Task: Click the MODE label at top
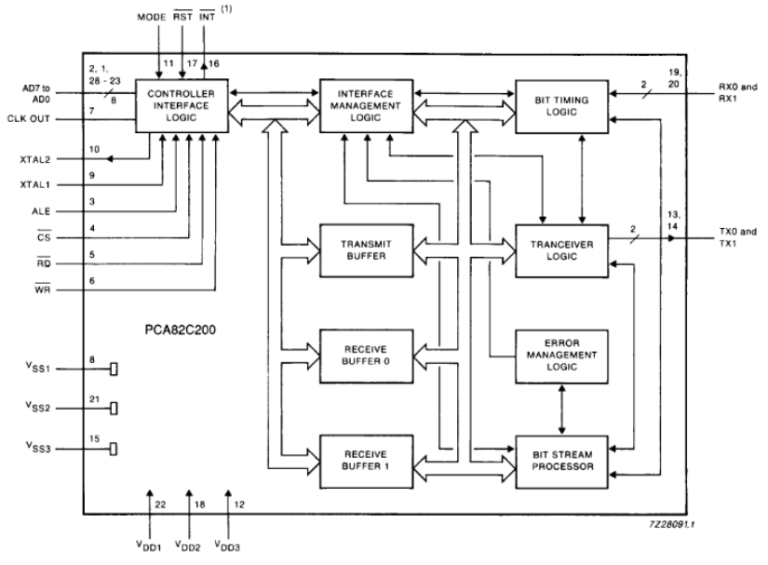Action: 153,18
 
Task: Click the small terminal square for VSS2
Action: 114,408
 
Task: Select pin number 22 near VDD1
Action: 160,504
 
